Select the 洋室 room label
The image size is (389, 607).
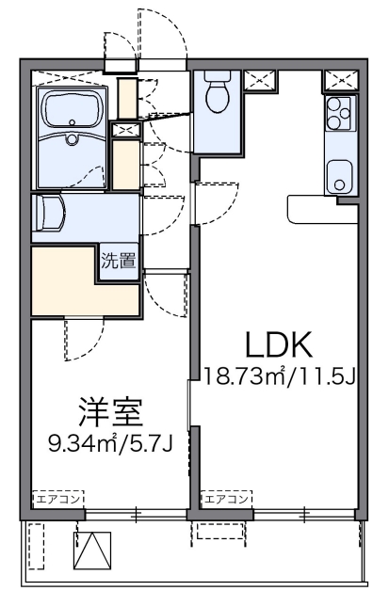tap(111, 413)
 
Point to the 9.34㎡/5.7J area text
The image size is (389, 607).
tap(111, 441)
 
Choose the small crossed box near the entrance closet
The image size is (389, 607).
tap(124, 131)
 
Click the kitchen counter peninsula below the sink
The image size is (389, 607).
tap(320, 205)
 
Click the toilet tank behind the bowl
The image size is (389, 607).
tap(216, 78)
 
